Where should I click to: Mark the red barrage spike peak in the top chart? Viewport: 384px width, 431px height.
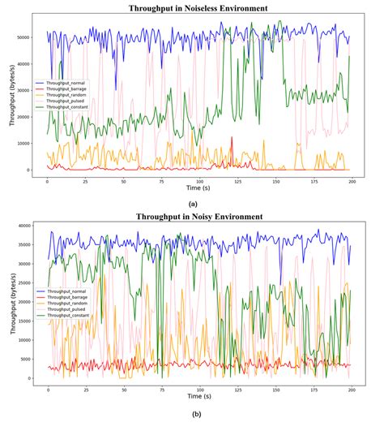233,138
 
